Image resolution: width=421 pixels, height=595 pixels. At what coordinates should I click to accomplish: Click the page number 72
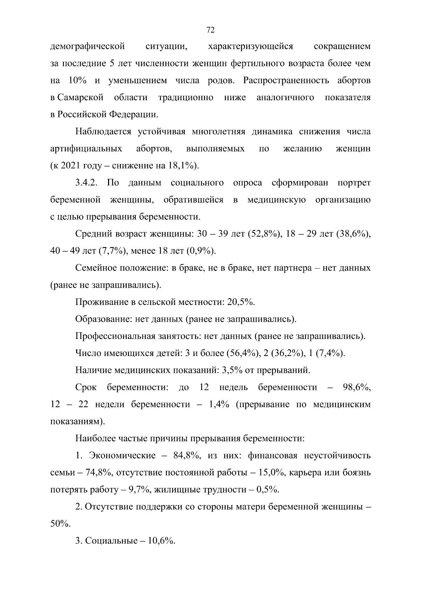click(210, 30)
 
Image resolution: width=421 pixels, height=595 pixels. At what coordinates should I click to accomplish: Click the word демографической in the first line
click(88, 47)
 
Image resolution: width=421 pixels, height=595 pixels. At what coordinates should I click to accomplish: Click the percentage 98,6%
click(356, 388)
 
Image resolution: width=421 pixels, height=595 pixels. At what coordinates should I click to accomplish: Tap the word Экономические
click(122, 456)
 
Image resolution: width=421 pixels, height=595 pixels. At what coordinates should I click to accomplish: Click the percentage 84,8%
click(187, 456)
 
